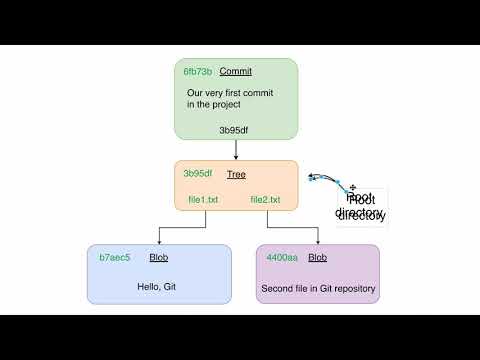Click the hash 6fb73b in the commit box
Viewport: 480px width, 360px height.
pyautogui.click(x=197, y=72)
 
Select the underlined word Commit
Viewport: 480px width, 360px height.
pyautogui.click(x=235, y=72)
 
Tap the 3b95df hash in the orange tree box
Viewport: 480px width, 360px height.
pyautogui.click(x=197, y=174)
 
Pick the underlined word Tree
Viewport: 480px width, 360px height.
pyautogui.click(x=236, y=174)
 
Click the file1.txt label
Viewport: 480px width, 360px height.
pyautogui.click(x=203, y=200)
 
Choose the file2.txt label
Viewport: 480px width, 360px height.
pyautogui.click(x=265, y=200)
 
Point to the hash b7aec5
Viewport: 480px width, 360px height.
pyautogui.click(x=115, y=258)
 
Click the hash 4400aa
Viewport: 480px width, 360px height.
pyautogui.click(x=281, y=258)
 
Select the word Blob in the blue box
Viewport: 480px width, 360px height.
pyautogui.click(x=158, y=258)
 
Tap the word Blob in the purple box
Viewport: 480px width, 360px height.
pyautogui.click(x=317, y=258)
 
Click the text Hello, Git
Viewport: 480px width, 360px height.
pyautogui.click(x=157, y=288)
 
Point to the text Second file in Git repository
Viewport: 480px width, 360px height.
pyautogui.click(x=318, y=288)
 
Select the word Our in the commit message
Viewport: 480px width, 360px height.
pyautogui.click(x=195, y=93)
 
